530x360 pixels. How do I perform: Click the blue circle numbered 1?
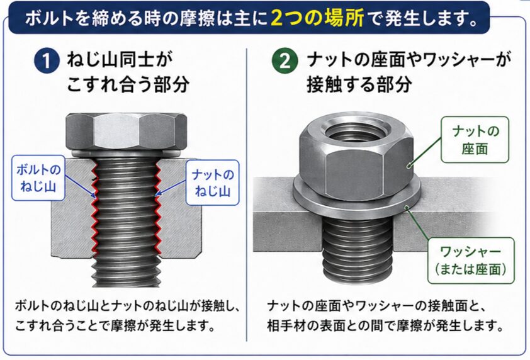coord(47,61)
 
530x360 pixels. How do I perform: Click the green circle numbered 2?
coord(285,61)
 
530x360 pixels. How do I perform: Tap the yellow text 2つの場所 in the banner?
coord(317,18)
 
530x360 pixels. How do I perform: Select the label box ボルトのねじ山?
coord(38,178)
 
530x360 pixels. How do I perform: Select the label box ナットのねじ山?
coord(213,183)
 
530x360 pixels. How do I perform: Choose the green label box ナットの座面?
coord(475,140)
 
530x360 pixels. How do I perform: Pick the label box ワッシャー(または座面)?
coord(471,261)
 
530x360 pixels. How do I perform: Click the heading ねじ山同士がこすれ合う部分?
coord(128,72)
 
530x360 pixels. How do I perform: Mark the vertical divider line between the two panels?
coord(247,195)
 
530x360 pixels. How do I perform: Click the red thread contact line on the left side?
coord(94,207)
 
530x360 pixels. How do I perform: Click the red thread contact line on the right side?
coord(157,207)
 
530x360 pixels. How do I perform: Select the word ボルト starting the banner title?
coord(49,18)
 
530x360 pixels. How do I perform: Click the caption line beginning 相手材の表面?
coord(385,325)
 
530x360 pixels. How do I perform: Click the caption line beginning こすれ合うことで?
coord(115,325)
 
